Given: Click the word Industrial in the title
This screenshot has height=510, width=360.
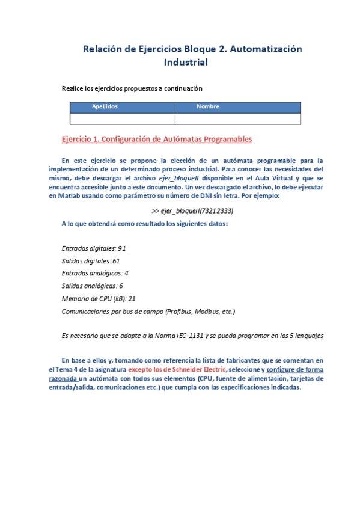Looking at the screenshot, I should click(185, 62).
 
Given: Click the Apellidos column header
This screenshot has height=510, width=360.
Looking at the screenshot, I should click(105, 106).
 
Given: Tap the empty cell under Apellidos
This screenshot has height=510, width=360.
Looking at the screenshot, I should click(122, 118).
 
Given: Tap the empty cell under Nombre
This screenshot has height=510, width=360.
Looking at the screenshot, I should click(237, 118).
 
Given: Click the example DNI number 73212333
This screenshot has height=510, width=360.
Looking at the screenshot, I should click(217, 211).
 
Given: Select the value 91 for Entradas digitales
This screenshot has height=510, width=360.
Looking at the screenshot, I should click(121, 248).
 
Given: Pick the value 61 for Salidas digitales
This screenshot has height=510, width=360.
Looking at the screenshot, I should click(116, 260).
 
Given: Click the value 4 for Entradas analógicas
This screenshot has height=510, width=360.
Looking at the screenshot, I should click(126, 273).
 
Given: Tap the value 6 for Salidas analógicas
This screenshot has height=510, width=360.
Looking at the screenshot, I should click(121, 286).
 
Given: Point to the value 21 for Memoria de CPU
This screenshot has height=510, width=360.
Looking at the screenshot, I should click(132, 298).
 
